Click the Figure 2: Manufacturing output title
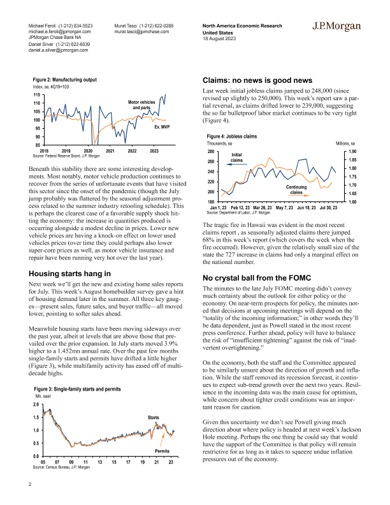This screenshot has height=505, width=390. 65,80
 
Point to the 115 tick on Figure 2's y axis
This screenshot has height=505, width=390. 38,94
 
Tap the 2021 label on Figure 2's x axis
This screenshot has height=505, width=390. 110,150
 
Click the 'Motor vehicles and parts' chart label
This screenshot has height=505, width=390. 141,105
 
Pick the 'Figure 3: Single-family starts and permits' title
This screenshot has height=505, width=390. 79,388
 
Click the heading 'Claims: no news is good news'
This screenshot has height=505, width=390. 257,81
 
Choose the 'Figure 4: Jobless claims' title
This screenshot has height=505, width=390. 233,136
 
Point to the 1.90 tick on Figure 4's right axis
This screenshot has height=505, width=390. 352,152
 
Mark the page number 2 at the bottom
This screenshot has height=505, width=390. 30,484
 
